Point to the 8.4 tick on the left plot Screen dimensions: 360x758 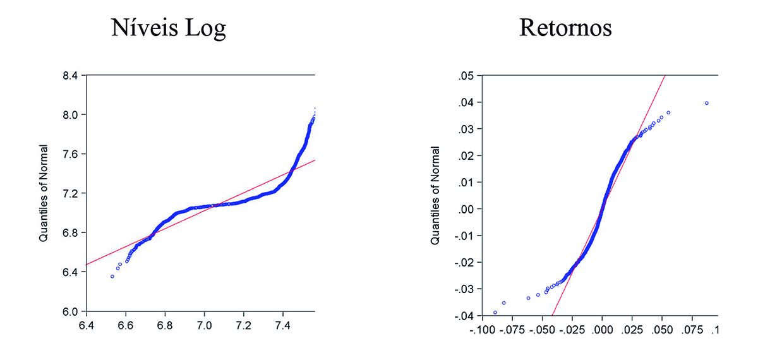coord(70,75)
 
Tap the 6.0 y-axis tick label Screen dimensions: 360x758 coord(70,311)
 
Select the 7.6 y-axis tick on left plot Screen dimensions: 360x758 coord(70,154)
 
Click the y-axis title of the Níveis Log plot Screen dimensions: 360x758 coord(45,194)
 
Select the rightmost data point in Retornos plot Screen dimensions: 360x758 coord(706,103)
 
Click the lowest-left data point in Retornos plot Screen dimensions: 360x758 coord(495,313)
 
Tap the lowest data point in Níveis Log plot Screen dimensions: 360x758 coord(112,277)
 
